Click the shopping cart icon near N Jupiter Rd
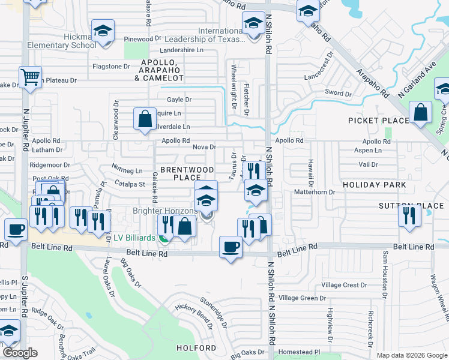[x=30, y=77]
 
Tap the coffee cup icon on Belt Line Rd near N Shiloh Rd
[x=231, y=247]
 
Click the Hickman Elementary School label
[x=73, y=41]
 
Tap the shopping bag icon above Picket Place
[x=421, y=112]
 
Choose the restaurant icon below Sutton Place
[x=409, y=215]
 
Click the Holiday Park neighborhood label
[x=375, y=185]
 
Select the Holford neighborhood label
[x=196, y=348]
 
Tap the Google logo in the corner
[x=20, y=353]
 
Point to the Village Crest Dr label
[x=344, y=285]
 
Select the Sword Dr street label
[x=337, y=92]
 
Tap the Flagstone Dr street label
[x=110, y=66]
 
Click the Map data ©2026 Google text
[x=411, y=355]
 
